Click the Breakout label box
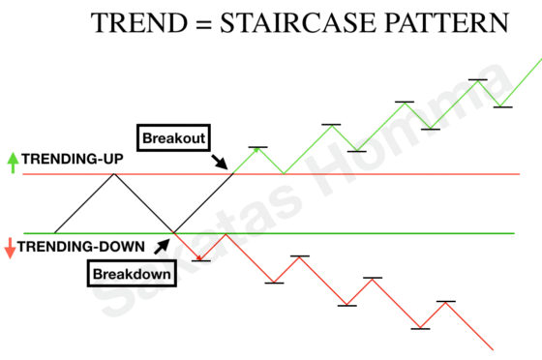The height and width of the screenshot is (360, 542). coord(174,137)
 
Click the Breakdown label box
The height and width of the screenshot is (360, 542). coord(134,274)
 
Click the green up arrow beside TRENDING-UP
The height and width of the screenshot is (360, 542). coord(12,162)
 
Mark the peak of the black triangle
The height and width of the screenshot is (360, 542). coord(115,174)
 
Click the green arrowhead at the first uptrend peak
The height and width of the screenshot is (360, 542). coord(256,149)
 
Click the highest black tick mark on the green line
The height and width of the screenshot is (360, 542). coord(477,79)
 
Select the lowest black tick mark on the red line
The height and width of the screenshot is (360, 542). coord(419,329)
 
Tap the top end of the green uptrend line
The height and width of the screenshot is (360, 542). coord(540,62)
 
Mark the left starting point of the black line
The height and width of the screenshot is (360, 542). coord(55,233)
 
